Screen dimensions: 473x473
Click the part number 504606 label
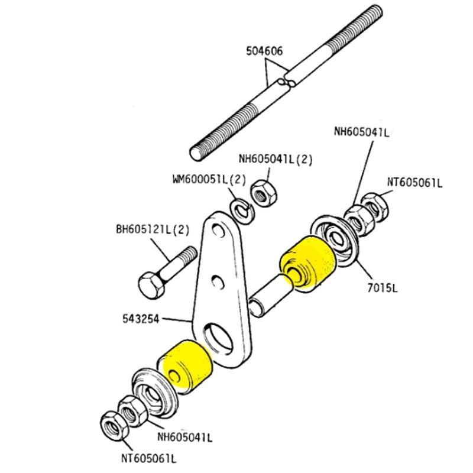pyautogui.click(x=264, y=51)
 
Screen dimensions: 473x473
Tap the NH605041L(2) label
pyautogui.click(x=275, y=158)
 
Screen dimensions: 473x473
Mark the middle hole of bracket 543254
pyautogui.click(x=218, y=277)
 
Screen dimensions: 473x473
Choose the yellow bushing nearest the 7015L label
pyautogui.click(x=307, y=264)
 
